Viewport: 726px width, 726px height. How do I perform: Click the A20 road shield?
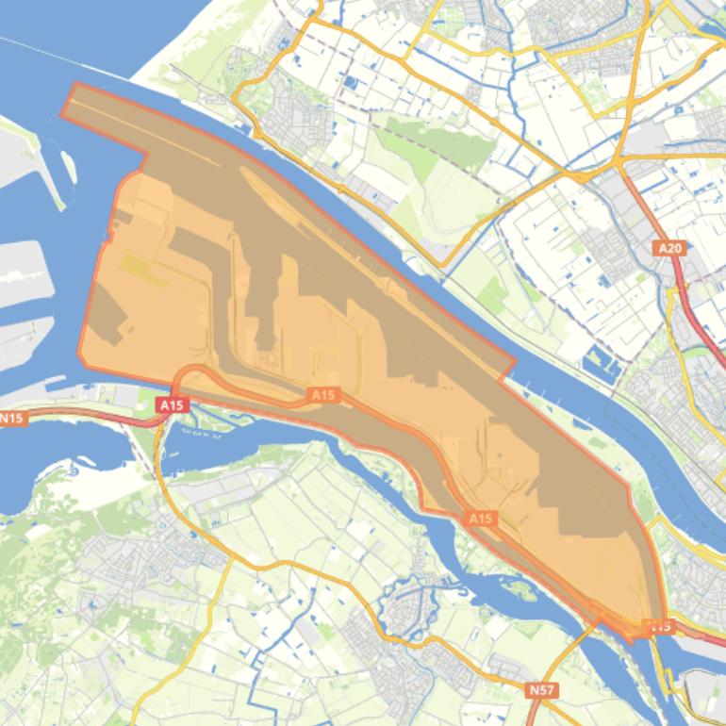click(668, 248)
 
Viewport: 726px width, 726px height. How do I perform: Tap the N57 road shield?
click(541, 690)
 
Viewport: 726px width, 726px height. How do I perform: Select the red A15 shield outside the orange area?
click(172, 404)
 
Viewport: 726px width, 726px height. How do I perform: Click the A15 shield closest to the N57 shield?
click(481, 519)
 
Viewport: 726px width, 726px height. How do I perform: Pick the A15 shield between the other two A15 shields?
click(323, 395)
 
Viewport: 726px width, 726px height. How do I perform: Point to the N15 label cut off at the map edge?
click(11, 418)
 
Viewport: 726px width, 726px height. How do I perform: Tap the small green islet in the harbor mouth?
click(69, 166)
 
